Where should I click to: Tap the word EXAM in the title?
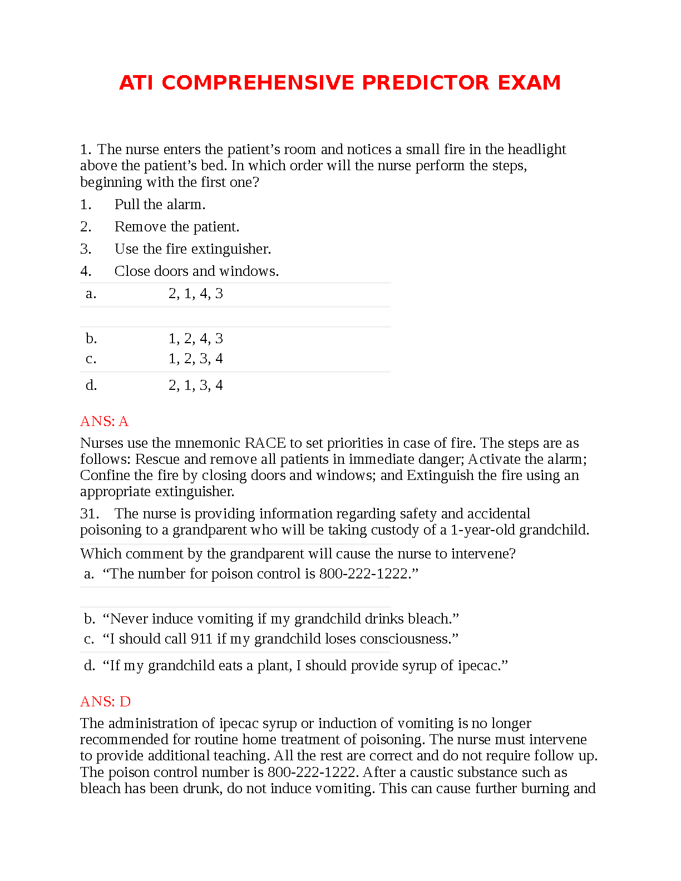[529, 83]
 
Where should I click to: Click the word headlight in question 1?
[537, 150]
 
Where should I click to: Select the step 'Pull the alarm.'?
[160, 205]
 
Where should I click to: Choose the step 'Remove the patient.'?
[177, 227]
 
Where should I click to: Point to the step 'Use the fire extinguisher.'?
[193, 249]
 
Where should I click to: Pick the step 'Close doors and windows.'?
[196, 271]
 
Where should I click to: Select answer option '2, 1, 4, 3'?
[195, 294]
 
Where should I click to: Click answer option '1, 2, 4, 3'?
[195, 339]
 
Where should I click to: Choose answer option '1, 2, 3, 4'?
[195, 359]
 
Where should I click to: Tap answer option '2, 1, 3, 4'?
[195, 385]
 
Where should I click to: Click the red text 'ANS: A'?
[104, 422]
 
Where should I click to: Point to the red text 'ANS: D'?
[105, 702]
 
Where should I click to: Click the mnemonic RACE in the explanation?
[265, 443]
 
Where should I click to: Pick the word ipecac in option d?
[478, 666]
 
